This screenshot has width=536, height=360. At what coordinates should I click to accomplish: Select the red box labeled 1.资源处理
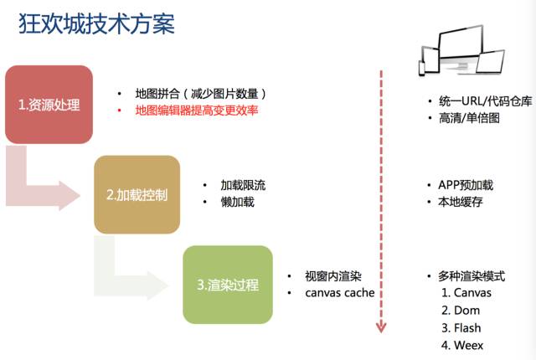click(x=49, y=105)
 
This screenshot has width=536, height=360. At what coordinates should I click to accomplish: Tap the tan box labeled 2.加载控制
click(x=137, y=195)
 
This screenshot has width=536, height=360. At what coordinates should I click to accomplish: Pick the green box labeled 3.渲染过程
click(x=228, y=285)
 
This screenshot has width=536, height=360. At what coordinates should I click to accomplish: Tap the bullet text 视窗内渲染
click(x=332, y=276)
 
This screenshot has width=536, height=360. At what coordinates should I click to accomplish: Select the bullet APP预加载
click(x=465, y=185)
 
